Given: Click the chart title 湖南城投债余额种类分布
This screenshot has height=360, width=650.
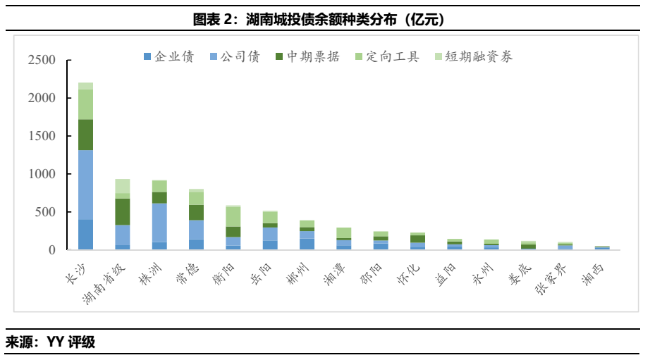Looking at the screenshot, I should pos(324,19).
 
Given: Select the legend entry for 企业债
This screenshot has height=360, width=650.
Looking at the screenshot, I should pos(168,57).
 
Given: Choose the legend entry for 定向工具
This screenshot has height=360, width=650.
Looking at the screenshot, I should pos(387,57).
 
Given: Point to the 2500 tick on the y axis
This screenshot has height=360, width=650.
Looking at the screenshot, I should pos(42,61).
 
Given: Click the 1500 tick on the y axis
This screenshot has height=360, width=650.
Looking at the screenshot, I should pos(42,136).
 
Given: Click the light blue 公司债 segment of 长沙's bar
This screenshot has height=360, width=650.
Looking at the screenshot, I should pos(85,185).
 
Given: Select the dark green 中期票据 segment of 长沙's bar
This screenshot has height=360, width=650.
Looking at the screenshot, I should pos(85,135).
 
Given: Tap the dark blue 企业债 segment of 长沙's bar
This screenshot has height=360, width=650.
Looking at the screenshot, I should pos(85,235).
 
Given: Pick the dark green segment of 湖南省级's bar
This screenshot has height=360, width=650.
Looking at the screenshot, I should pos(123,211).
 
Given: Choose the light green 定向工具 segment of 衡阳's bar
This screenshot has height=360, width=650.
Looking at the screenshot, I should pos(233,217).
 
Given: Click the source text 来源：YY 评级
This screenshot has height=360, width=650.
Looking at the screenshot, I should pos(51,343).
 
